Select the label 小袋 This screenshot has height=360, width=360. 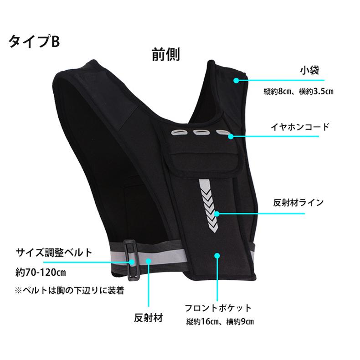click(309, 71)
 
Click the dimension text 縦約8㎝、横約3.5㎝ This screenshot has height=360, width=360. click(298, 92)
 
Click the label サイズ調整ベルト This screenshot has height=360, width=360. click(54, 252)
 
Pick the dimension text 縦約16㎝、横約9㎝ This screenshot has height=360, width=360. click(220, 322)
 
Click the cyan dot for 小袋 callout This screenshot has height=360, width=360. click(236, 81)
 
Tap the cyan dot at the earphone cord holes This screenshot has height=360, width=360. click(231, 136)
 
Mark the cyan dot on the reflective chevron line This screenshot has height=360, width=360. click(217, 213)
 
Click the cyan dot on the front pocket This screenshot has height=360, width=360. click(217, 256)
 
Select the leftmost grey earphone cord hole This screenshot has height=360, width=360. click(178, 134)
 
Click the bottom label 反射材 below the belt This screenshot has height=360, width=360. click(149, 316)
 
